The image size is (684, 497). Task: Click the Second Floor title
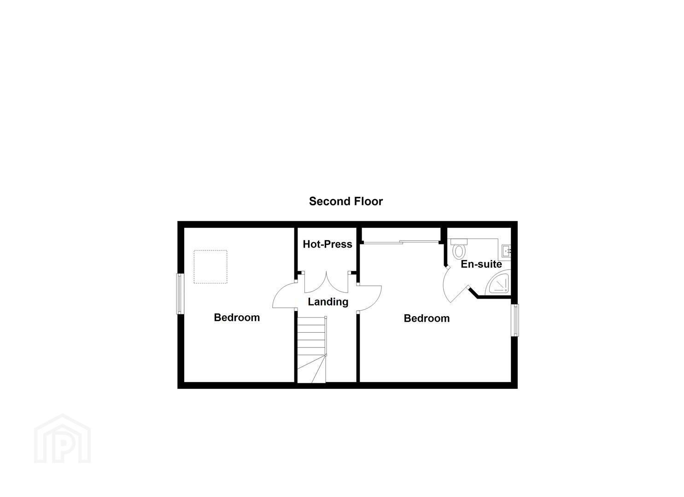click(x=345, y=201)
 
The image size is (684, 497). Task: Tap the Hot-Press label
click(x=327, y=244)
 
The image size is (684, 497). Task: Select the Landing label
click(x=327, y=302)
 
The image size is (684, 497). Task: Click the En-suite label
click(x=481, y=264)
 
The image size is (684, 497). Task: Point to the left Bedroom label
click(x=237, y=318)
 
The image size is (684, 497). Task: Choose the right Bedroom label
click(x=427, y=318)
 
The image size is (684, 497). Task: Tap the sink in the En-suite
click(x=506, y=251)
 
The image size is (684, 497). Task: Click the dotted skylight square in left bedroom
click(x=210, y=266)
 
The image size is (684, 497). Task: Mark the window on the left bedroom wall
click(x=180, y=294)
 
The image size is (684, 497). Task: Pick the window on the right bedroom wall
click(x=515, y=320)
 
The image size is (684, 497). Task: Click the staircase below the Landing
click(x=312, y=349)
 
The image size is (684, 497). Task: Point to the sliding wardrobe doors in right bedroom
click(x=400, y=241)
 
